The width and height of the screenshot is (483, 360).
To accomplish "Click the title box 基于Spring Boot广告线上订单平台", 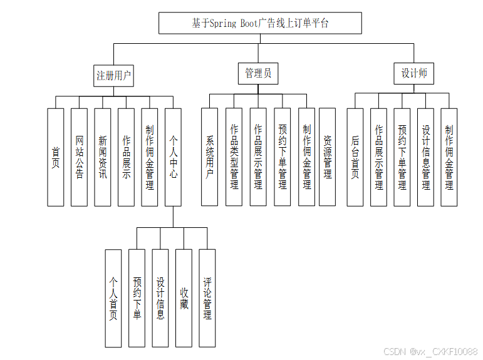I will [x=260, y=23].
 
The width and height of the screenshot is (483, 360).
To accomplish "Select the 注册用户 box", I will [x=114, y=75].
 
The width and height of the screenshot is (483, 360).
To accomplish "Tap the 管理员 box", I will [x=258, y=73].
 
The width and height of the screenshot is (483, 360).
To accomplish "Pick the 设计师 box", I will [x=414, y=73].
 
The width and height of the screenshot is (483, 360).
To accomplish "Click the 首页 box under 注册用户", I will [x=56, y=157].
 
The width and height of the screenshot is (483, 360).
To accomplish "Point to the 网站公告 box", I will [x=79, y=157].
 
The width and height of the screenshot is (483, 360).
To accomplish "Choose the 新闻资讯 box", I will [x=103, y=157].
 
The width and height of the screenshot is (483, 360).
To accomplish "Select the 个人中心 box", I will [x=173, y=157].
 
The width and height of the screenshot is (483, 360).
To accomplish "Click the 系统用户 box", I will [x=209, y=157].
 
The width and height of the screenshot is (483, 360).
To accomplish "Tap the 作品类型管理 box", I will [x=234, y=157].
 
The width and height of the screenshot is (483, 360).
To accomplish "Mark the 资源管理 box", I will [x=327, y=157].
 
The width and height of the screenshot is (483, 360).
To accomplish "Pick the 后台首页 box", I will [x=355, y=157].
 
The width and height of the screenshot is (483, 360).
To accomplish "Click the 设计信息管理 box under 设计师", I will [x=426, y=157].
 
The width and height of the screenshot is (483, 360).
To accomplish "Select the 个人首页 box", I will [x=113, y=298].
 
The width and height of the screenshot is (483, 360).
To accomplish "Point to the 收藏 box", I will [x=184, y=298].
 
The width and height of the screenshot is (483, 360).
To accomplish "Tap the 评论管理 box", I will [x=207, y=298].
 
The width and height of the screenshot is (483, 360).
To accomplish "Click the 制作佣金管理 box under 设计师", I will [x=449, y=157].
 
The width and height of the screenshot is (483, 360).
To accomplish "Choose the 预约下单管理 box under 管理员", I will [x=283, y=157].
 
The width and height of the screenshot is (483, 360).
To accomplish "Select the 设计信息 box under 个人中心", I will [x=160, y=298].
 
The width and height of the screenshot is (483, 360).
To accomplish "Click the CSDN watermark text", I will [x=430, y=352].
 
